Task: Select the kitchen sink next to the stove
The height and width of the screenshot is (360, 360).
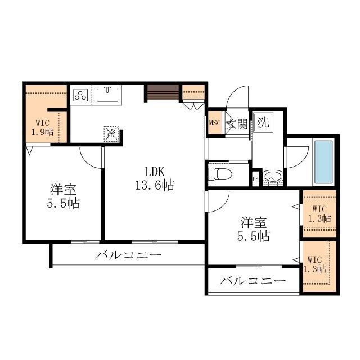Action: click(108, 94)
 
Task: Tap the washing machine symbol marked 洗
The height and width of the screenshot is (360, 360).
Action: click(263, 122)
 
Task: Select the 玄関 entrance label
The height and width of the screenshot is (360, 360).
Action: click(237, 124)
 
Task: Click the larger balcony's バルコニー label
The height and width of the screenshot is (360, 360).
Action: click(128, 255)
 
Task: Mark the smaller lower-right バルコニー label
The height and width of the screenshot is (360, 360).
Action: click(253, 281)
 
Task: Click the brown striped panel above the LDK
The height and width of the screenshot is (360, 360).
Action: click(162, 92)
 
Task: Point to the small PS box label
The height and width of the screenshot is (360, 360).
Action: click(255, 179)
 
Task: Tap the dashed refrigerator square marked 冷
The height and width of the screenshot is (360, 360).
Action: click(111, 134)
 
